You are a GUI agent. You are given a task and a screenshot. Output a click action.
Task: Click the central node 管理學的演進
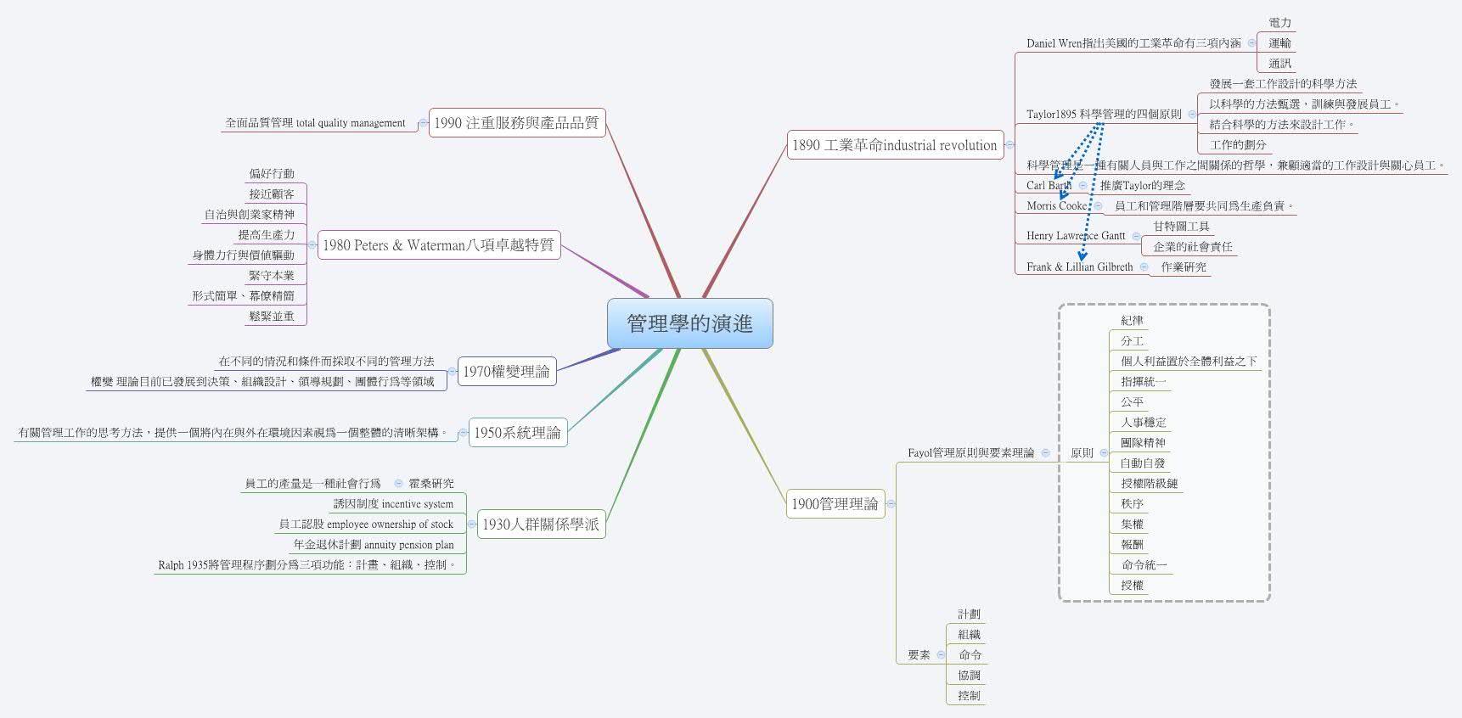689,323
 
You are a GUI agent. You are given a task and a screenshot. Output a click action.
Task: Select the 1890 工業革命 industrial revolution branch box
894,145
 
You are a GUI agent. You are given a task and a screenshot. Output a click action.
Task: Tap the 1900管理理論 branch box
835,504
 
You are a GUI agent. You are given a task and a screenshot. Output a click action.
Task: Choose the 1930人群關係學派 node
540,524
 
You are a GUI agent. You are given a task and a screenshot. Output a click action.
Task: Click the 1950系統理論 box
517,433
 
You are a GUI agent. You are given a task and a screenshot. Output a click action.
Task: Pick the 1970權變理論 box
506,372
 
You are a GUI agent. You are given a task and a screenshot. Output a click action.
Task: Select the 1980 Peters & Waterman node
438,245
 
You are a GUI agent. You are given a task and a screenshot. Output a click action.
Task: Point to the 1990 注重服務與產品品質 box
516,123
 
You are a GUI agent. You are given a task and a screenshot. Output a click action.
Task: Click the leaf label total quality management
315,123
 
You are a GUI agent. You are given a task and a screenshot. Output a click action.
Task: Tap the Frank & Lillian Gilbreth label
1079,266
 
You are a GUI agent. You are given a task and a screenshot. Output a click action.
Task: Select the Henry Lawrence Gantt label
1075,236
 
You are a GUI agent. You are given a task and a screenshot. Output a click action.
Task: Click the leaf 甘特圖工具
1181,227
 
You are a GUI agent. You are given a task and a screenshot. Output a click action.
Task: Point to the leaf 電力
1279,23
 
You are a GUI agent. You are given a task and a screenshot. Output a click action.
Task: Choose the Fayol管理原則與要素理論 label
970,453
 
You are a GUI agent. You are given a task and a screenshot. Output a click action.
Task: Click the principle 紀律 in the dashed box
1132,321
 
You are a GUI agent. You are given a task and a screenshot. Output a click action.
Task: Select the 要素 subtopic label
919,655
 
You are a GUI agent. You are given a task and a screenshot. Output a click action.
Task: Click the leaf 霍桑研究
431,484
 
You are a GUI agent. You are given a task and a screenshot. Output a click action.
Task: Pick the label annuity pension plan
374,545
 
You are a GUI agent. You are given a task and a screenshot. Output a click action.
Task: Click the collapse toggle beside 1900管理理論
891,504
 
